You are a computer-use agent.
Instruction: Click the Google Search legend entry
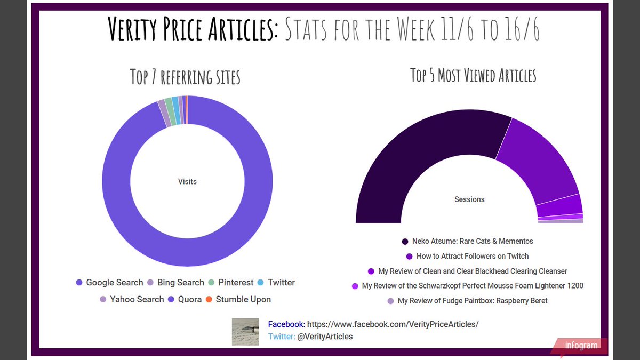pyautogui.click(x=110, y=283)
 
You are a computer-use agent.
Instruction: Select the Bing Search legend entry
pyautogui.click(x=175, y=283)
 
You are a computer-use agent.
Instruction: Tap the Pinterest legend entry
pyautogui.click(x=230, y=283)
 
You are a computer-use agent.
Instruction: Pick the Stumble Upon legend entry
pyautogui.click(x=238, y=299)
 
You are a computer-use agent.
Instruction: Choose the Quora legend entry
pyautogui.click(x=185, y=299)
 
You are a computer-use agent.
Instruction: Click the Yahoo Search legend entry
pyautogui.click(x=132, y=299)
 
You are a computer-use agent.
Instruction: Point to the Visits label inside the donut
pyautogui.click(x=187, y=181)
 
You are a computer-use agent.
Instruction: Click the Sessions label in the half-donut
pyautogui.click(x=469, y=199)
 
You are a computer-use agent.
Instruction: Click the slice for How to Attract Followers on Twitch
pyautogui.click(x=539, y=160)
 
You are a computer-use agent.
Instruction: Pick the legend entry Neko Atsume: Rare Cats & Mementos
pyautogui.click(x=468, y=241)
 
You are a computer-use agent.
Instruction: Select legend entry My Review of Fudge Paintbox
pyautogui.click(x=468, y=301)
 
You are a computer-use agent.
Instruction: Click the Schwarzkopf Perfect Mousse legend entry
pyautogui.click(x=468, y=286)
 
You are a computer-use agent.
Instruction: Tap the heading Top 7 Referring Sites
pyautogui.click(x=185, y=76)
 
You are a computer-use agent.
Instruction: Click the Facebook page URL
pyautogui.click(x=393, y=324)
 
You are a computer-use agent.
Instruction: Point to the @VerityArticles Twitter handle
pyautogui.click(x=325, y=337)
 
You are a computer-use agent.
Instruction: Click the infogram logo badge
pyautogui.click(x=581, y=346)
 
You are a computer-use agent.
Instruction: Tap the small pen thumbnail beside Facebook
pyautogui.click(x=245, y=332)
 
